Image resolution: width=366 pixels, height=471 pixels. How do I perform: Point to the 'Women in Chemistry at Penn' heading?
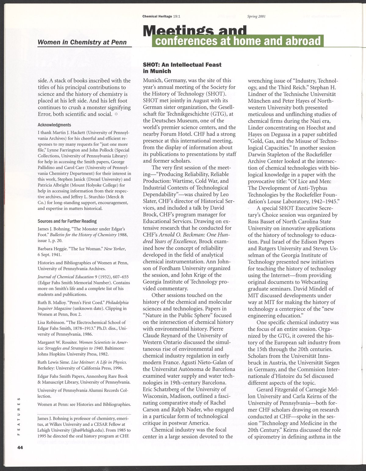click(x=82, y=42)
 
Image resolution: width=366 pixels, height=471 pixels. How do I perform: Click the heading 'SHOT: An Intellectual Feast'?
click(x=182, y=65)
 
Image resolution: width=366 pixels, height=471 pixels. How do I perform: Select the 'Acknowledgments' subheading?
click(x=54, y=125)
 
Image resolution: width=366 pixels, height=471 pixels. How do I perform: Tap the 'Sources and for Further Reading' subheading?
click(x=67, y=221)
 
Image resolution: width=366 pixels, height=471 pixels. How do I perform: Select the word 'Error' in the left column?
click(x=45, y=114)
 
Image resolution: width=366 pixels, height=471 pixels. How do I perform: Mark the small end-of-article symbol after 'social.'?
click(x=116, y=114)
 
